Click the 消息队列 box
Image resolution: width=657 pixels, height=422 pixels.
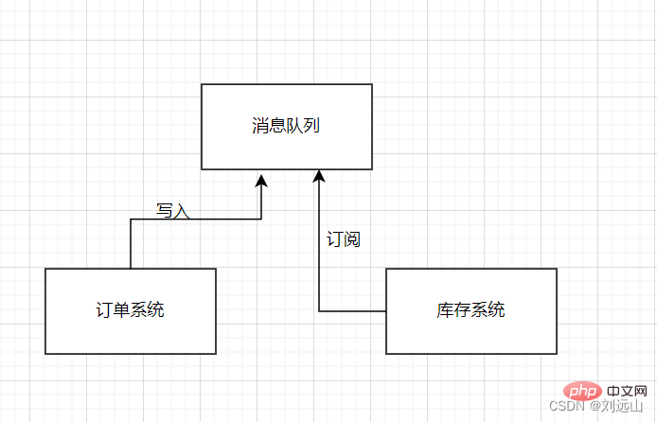pos(286,127)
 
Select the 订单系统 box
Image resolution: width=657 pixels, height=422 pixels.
pos(131,310)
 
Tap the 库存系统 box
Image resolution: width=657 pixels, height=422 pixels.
pos(471,310)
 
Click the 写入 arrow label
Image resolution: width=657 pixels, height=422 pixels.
pos(172,210)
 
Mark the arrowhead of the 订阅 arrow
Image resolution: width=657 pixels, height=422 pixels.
pos(319,177)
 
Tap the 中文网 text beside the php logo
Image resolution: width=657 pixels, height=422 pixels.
pos(625,390)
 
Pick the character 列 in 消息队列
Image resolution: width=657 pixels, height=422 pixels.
pos(311,125)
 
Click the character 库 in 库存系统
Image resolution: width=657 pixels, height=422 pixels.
pos(445,309)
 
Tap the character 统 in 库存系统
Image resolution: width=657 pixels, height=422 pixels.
pos(496,309)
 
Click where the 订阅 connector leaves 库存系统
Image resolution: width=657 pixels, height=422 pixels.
pos(386,310)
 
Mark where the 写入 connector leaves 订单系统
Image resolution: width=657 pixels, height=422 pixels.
pos(131,268)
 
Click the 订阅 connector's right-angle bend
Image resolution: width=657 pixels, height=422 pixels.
pos(319,310)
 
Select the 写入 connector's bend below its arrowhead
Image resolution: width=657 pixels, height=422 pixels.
pos(261,220)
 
